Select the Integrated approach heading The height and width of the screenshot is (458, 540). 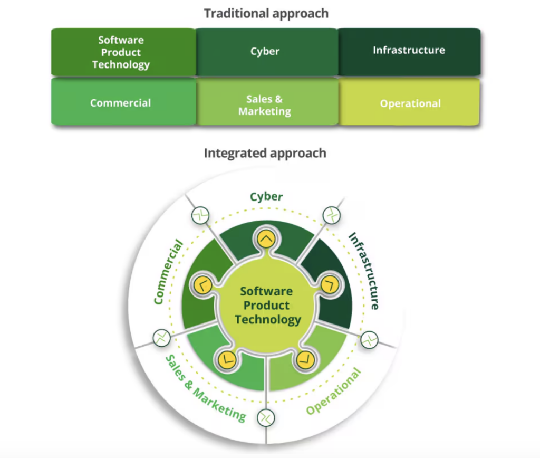click(x=265, y=153)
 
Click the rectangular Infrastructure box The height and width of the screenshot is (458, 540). click(x=409, y=51)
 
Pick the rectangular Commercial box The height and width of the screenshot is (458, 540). click(x=121, y=103)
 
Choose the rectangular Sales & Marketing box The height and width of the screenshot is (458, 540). click(x=265, y=105)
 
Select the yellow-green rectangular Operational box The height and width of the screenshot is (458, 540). click(x=410, y=103)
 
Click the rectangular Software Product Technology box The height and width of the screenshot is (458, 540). click(x=121, y=52)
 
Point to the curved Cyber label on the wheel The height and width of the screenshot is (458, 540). click(x=266, y=197)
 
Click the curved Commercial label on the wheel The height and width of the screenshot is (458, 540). click(x=169, y=272)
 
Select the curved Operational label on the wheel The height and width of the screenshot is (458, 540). click(x=334, y=392)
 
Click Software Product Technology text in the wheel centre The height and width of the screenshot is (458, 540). click(x=267, y=305)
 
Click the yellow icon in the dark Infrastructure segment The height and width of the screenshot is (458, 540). click(x=329, y=285)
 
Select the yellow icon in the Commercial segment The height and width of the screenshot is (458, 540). click(x=204, y=285)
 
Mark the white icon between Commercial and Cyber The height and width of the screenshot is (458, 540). click(x=200, y=215)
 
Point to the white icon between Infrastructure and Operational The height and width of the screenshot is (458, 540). click(x=369, y=339)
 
